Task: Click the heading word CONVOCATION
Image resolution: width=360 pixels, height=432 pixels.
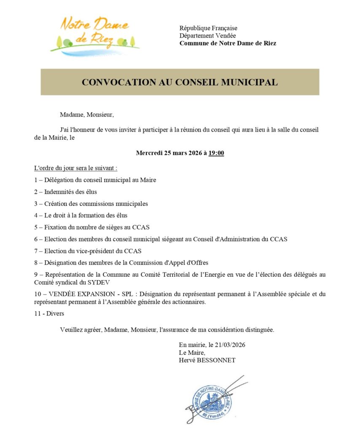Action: point(111,82)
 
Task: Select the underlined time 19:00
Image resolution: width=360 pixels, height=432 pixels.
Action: point(216,153)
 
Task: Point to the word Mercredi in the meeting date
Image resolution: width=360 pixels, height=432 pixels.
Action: point(150,153)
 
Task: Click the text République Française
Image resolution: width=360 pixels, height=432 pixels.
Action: point(208,28)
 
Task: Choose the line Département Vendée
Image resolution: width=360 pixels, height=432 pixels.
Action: point(207,35)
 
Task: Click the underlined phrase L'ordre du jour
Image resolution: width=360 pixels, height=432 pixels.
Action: point(54,168)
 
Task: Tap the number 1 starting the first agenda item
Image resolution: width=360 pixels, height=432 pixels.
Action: point(36,180)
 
